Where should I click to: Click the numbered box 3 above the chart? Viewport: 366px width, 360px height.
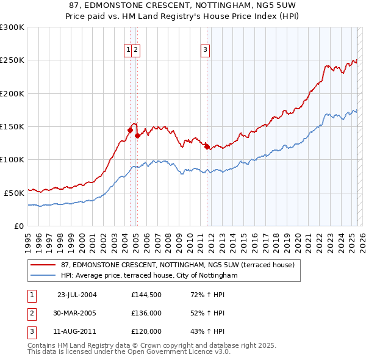tap(206, 51)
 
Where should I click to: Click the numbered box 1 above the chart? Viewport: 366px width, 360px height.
tap(129, 51)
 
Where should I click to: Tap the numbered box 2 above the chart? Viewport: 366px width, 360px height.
tap(135, 51)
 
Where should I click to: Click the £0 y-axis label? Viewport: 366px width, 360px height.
tap(19, 226)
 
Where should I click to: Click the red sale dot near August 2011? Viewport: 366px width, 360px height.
tap(207, 146)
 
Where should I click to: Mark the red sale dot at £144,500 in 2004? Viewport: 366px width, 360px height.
tap(130, 130)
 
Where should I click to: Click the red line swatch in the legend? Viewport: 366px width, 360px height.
tap(43, 265)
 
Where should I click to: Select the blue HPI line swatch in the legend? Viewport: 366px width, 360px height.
tap(43, 276)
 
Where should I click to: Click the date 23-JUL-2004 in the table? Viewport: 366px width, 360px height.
tap(77, 294)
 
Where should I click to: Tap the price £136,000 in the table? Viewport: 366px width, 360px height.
tap(146, 313)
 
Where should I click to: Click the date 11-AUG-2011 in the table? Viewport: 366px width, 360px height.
tap(77, 331)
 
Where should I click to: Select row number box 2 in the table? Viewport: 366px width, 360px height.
tap(31, 313)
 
